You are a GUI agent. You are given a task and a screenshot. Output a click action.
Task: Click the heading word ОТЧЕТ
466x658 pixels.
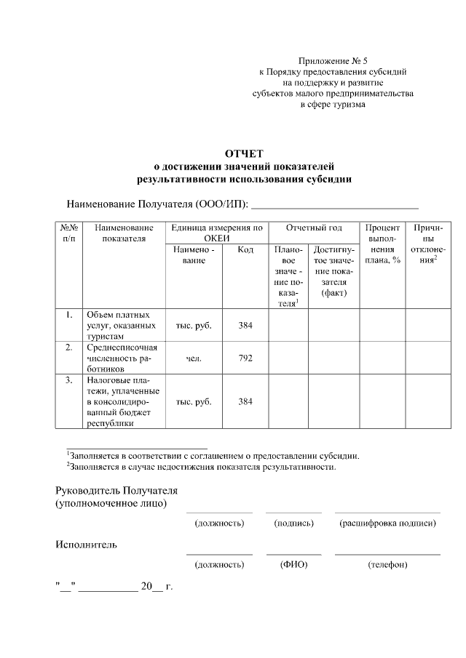[x=244, y=153]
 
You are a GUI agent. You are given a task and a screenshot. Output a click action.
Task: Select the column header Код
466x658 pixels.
[x=245, y=250]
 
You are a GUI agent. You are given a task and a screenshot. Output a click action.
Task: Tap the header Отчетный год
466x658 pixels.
[x=314, y=228]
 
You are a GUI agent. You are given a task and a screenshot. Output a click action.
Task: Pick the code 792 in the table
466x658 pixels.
[x=245, y=358]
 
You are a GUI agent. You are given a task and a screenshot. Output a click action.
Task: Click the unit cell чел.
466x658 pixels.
[x=193, y=358]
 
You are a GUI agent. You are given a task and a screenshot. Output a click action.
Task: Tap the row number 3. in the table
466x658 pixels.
[x=68, y=380]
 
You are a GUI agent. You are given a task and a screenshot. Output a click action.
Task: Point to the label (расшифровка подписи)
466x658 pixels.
[x=387, y=523]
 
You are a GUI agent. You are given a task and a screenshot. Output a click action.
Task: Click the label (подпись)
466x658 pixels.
[x=293, y=523]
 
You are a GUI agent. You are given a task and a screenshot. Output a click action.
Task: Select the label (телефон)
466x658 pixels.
[x=387, y=564]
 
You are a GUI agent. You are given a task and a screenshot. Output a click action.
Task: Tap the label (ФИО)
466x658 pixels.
[x=293, y=564]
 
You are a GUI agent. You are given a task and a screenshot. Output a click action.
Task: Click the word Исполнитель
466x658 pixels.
[x=87, y=544]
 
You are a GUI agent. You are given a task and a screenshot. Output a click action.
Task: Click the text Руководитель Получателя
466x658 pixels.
[x=116, y=491]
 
